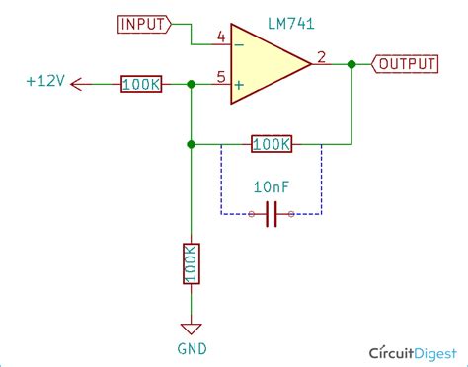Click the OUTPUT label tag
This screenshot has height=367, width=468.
(405, 64)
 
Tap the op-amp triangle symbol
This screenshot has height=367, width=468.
(267, 64)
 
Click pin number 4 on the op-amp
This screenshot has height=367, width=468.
(221, 37)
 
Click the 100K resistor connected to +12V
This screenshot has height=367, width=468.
(141, 85)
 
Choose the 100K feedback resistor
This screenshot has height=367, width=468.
(272, 144)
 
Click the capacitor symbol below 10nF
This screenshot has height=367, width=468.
(273, 213)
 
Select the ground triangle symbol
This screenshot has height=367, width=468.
(191, 329)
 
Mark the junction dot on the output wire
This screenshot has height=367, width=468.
(351, 64)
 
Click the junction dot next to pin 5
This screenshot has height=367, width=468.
(191, 85)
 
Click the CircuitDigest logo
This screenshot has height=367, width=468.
(413, 352)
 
